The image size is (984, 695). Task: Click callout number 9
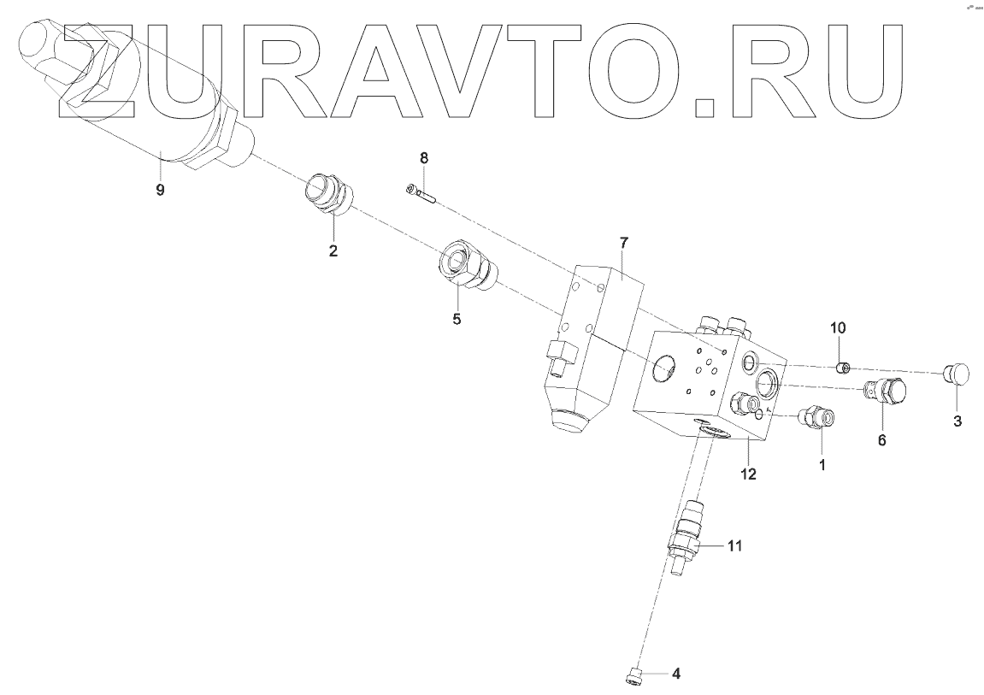[x=160, y=189]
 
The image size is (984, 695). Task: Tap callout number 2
[x=333, y=250]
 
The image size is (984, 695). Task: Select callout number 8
[x=423, y=158]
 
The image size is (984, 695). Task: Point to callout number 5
[x=457, y=319]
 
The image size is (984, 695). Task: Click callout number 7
[x=623, y=244]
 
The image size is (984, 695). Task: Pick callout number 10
[x=838, y=327]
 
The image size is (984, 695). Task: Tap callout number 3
[x=957, y=421]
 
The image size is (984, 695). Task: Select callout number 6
[x=881, y=440]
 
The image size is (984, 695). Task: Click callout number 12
[x=748, y=474]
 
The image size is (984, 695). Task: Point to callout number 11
[x=736, y=545]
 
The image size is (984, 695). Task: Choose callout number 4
[x=675, y=674]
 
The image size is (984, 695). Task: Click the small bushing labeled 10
[x=841, y=368]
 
